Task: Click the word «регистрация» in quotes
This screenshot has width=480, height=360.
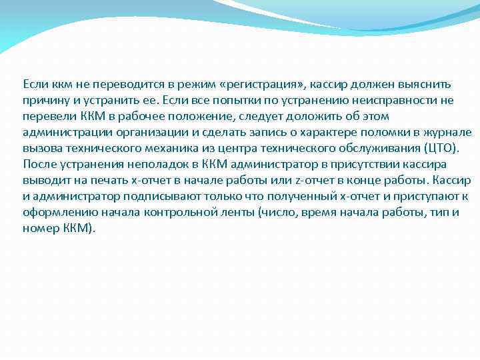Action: (263, 85)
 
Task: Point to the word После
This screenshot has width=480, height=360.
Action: (39, 164)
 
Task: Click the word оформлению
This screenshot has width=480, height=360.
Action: (59, 212)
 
